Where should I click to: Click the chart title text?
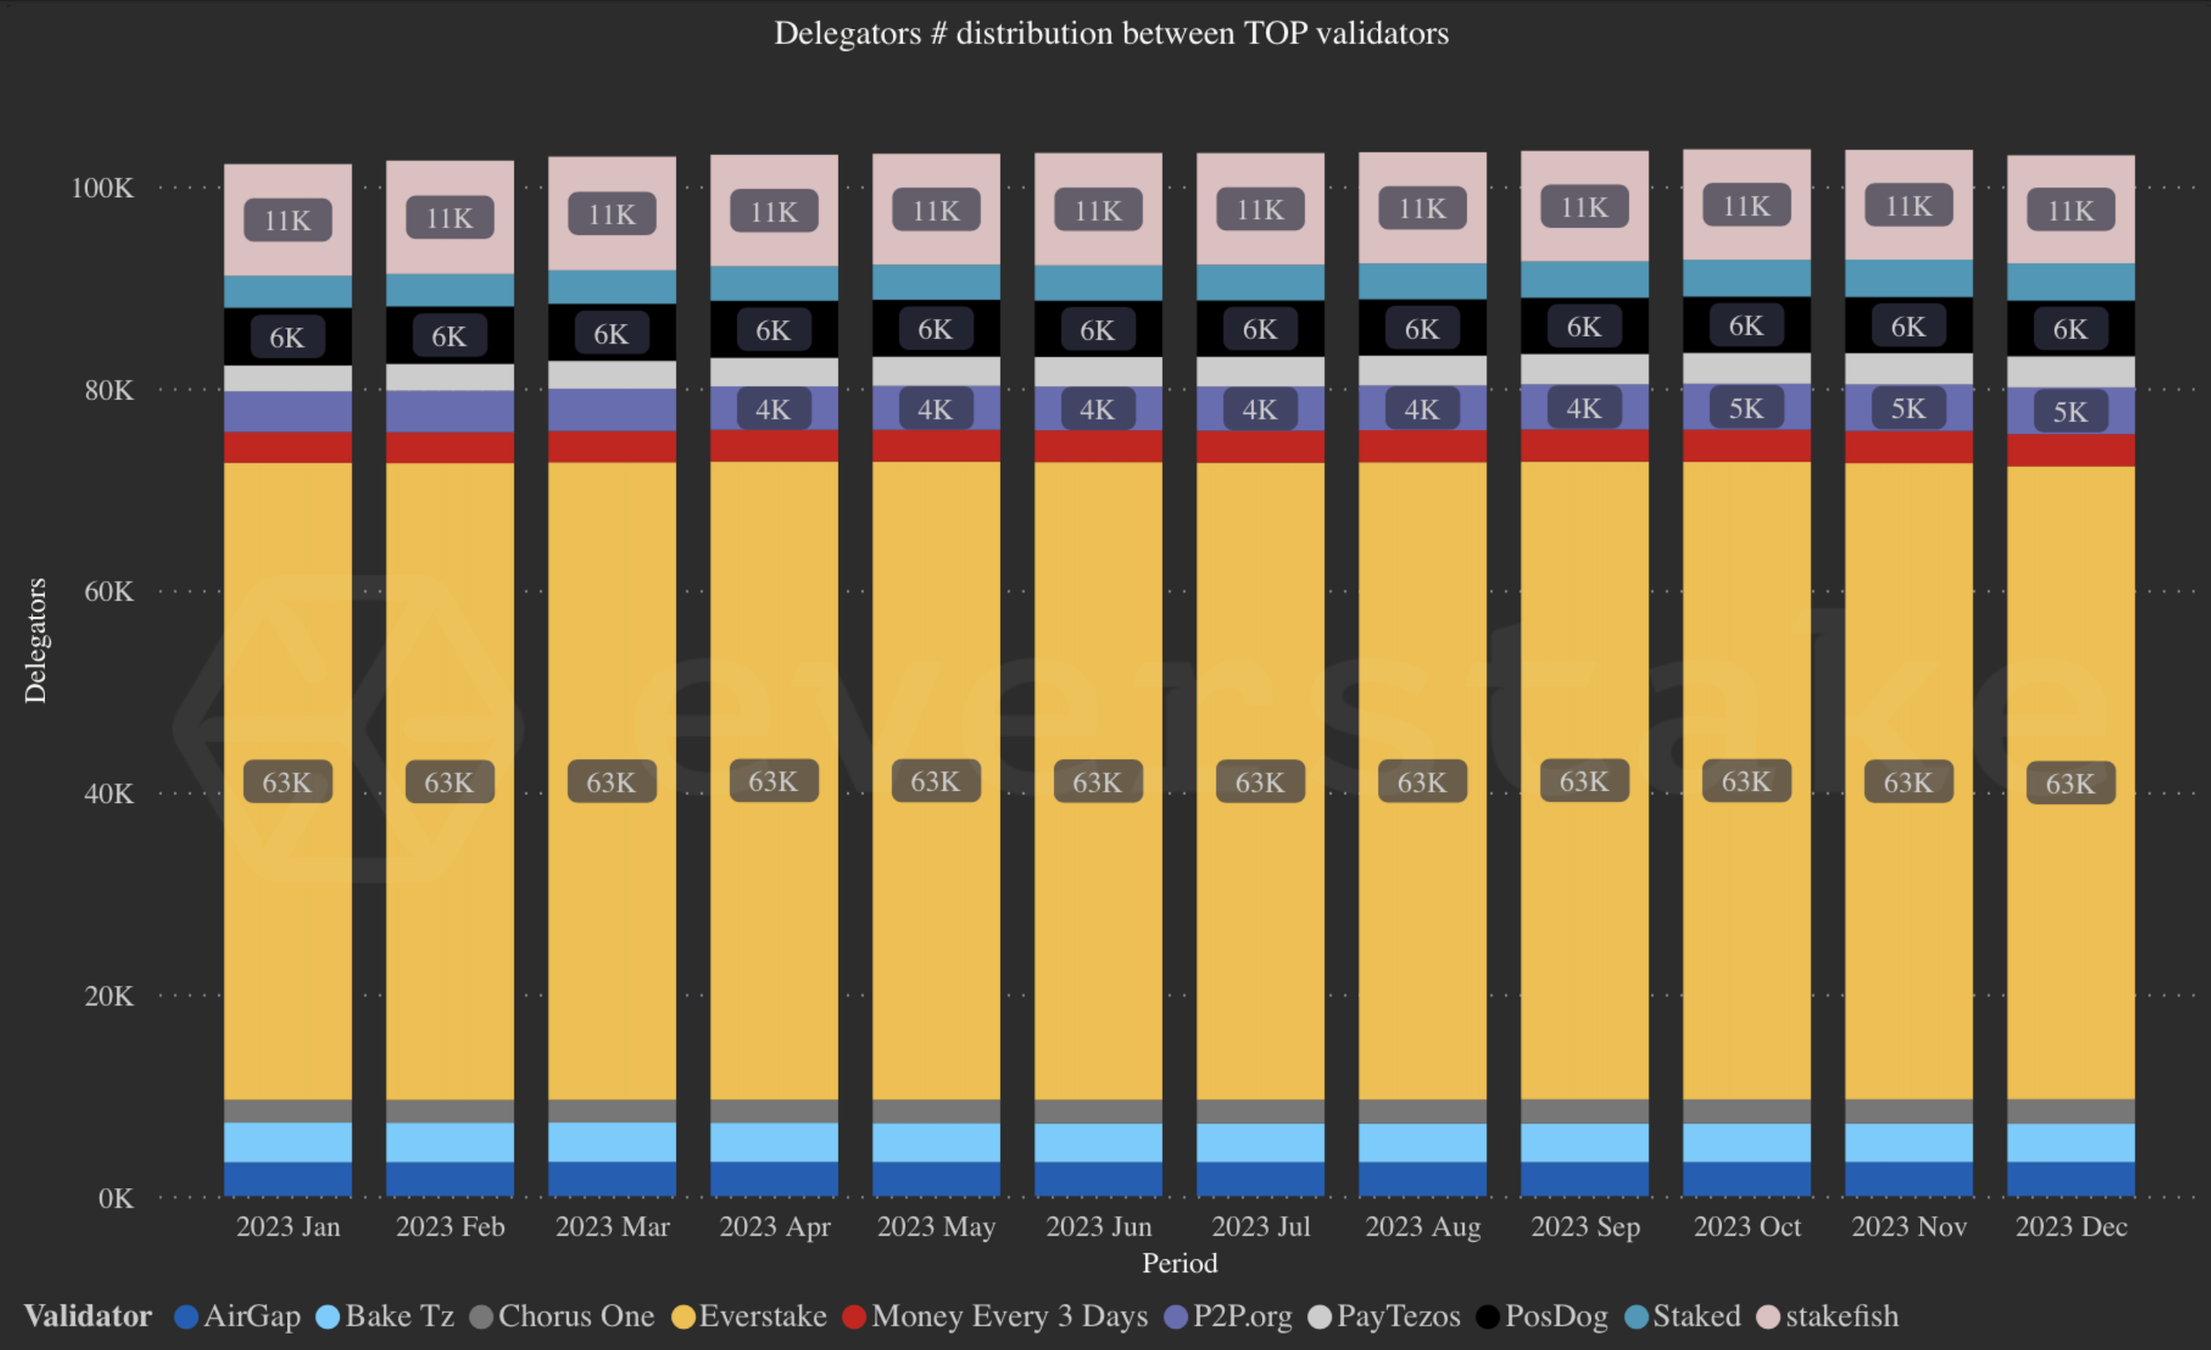click(x=1111, y=33)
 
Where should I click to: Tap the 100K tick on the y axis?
click(x=102, y=188)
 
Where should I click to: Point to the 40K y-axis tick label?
click(x=109, y=793)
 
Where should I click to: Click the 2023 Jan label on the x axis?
click(x=288, y=1226)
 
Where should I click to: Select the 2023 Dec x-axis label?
click(x=2071, y=1226)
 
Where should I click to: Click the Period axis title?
click(x=1179, y=1263)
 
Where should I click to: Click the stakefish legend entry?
click(x=1841, y=1316)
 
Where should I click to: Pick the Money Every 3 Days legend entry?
click(x=1009, y=1316)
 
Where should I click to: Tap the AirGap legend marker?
click(x=186, y=1317)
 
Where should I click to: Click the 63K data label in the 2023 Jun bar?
click(x=1097, y=782)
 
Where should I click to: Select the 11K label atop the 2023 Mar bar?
click(x=612, y=214)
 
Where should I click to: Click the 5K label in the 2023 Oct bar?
click(x=1746, y=409)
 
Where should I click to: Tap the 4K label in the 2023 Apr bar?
click(x=773, y=409)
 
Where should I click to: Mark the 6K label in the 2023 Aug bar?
click(x=1422, y=329)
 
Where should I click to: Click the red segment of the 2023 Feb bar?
click(x=450, y=447)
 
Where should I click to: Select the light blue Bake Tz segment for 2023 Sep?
click(x=1585, y=1142)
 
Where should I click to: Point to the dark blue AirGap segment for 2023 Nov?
click(x=1909, y=1178)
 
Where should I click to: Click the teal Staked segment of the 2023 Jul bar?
click(x=1260, y=282)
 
